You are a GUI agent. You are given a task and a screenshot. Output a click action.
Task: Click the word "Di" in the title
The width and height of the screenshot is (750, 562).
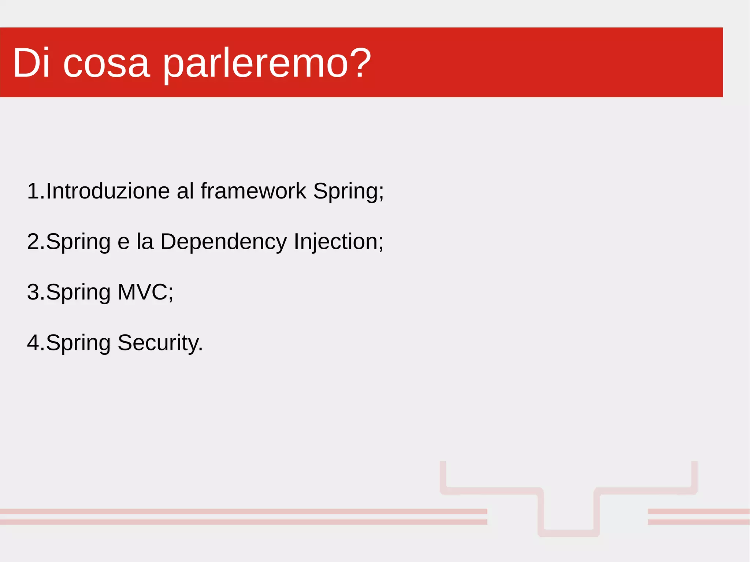pyautogui.click(x=31, y=63)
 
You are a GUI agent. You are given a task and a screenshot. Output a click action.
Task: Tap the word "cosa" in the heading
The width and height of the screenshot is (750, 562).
pyautogui.click(x=106, y=64)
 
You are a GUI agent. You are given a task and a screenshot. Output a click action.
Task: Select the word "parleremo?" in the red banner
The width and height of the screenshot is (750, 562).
pyautogui.click(x=267, y=64)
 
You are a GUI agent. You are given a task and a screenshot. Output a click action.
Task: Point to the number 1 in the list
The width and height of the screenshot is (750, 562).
pyautogui.click(x=34, y=191)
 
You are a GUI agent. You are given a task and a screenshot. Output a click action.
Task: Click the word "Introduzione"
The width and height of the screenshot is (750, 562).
pyautogui.click(x=108, y=191)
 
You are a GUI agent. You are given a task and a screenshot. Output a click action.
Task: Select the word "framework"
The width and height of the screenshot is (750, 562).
pyautogui.click(x=253, y=191)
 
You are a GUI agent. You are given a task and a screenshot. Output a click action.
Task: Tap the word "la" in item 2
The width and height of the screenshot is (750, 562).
pyautogui.click(x=145, y=242)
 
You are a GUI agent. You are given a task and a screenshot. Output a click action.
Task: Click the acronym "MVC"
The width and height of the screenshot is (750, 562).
pyautogui.click(x=143, y=292)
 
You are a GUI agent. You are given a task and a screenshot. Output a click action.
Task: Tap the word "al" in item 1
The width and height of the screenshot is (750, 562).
pyautogui.click(x=185, y=191)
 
